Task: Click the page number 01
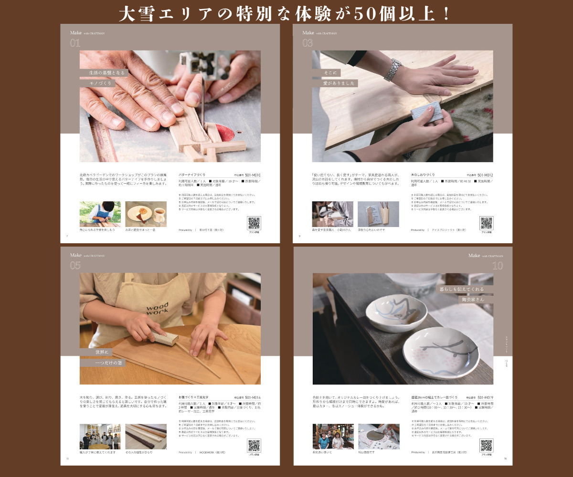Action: tap(75, 43)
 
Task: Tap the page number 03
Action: tap(308, 43)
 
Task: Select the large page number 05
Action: tap(75, 266)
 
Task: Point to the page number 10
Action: tap(497, 266)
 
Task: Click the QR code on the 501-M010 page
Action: tap(254, 223)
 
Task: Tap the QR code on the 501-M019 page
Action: tap(487, 445)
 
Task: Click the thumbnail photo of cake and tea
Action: tap(146, 214)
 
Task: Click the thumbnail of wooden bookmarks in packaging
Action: tap(378, 214)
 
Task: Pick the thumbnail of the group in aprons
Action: tap(100, 436)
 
